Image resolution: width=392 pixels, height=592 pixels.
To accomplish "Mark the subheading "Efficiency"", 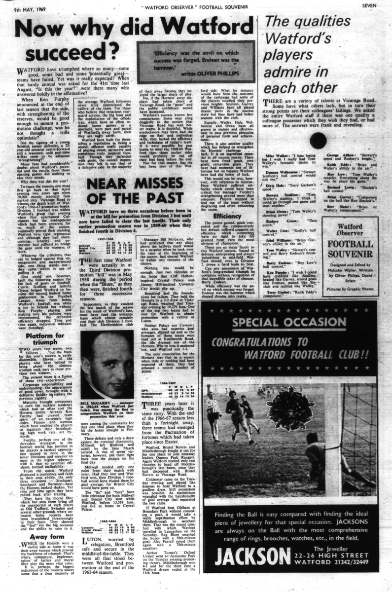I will point(227,215).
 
